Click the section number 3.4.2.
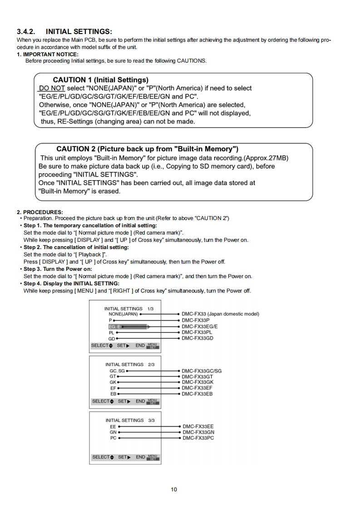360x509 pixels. click(x=27, y=32)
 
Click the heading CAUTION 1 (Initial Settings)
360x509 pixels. click(x=100, y=80)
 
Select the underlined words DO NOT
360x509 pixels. click(x=52, y=88)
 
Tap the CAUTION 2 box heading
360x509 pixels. click(x=148, y=149)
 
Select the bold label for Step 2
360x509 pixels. click(x=76, y=247)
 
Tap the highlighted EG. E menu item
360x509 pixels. click(x=114, y=326)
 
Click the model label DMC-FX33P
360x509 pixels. click(x=196, y=320)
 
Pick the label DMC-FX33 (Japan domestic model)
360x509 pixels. click(x=221, y=314)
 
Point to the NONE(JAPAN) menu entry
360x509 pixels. click(x=123, y=314)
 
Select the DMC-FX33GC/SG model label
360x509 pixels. click(x=202, y=371)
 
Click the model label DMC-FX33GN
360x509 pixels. click(x=198, y=432)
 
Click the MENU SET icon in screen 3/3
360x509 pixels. click(x=153, y=457)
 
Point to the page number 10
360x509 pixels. click(x=174, y=489)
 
